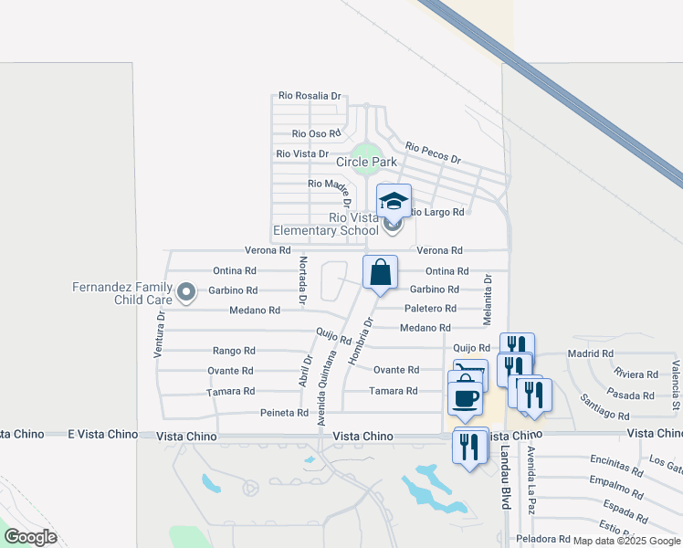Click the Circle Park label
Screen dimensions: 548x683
click(366, 162)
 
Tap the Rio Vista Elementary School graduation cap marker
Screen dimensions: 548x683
click(394, 200)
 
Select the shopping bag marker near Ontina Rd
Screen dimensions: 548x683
click(380, 272)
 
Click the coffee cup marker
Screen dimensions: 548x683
click(466, 398)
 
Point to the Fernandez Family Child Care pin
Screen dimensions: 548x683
click(186, 293)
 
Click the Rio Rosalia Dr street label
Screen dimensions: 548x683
click(310, 95)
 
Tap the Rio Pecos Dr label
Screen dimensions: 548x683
click(433, 147)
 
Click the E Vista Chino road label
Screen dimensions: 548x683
click(101, 436)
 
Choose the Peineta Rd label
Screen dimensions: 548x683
click(284, 413)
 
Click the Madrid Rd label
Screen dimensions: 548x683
click(590, 353)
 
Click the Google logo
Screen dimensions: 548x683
click(31, 537)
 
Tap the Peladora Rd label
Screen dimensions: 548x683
click(543, 538)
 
